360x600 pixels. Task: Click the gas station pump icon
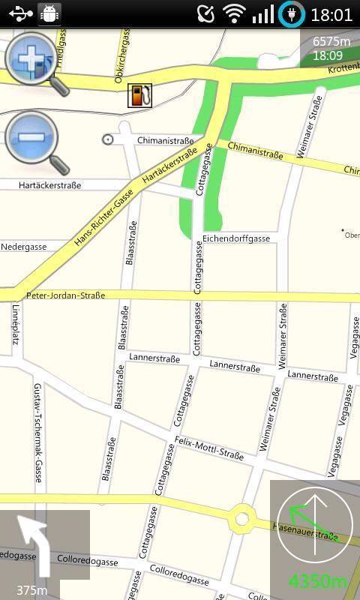[x=139, y=94]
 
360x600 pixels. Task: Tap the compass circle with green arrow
[x=315, y=526]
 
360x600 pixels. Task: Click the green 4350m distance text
[x=318, y=581]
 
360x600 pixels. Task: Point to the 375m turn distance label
[x=32, y=590]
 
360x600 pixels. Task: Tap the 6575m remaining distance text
[x=331, y=41]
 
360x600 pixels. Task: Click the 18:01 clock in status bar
[x=331, y=14]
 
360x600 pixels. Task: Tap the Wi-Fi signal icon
[x=235, y=14]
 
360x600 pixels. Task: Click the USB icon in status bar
[x=20, y=13]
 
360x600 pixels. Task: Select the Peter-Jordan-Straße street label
[x=65, y=295]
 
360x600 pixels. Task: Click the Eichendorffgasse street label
[x=236, y=238]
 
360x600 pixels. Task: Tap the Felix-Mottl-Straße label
[x=208, y=448]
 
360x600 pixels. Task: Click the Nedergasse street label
[x=24, y=247]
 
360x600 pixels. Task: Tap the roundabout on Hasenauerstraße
[x=241, y=517]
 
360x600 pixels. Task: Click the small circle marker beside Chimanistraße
[x=107, y=139]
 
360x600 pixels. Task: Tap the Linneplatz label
[x=14, y=328]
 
